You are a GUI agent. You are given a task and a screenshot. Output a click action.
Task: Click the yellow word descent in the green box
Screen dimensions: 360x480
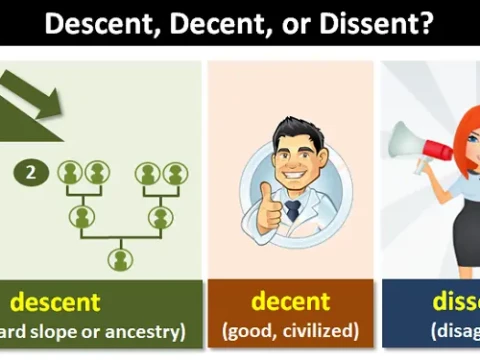tap(55, 301)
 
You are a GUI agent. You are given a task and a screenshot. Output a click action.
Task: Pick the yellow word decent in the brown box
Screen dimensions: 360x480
tap(290, 300)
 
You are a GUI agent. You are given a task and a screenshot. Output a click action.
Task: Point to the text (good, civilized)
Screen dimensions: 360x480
tap(290, 330)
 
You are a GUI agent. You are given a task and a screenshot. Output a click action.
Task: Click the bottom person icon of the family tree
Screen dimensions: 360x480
tap(120, 259)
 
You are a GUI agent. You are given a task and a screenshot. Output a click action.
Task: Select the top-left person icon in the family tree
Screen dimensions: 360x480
tap(69, 173)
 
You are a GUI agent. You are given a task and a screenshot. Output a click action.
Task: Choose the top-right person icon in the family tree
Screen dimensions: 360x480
tap(175, 173)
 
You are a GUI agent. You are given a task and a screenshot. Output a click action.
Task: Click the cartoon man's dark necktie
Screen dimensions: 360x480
tap(292, 210)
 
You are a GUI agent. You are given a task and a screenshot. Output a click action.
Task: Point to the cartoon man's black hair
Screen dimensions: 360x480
tap(291, 130)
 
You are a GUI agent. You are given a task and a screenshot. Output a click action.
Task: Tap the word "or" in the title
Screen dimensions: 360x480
tap(289, 24)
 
